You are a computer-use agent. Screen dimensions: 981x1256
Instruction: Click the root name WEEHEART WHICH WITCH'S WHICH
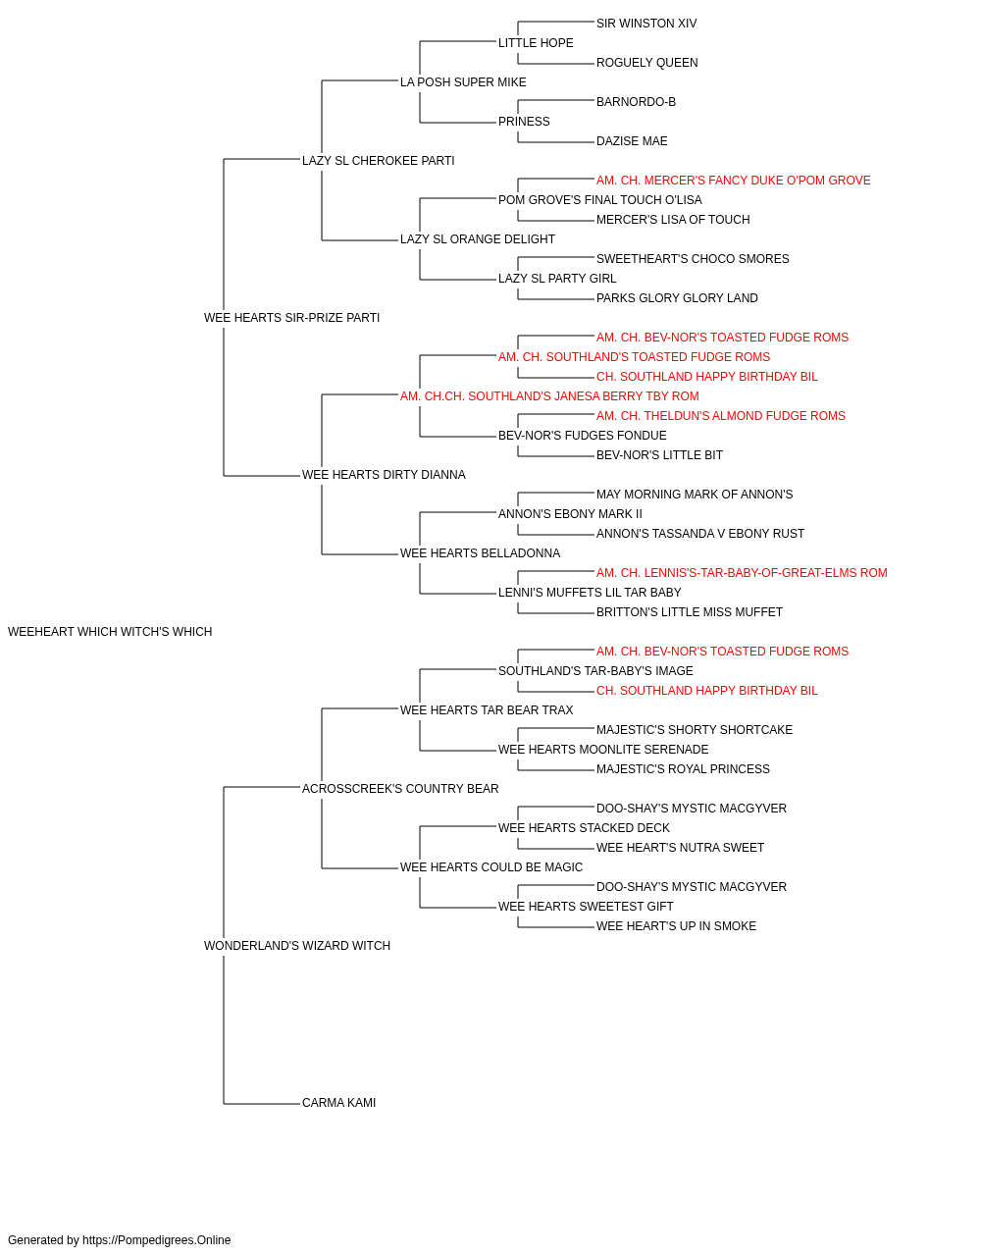coord(110,632)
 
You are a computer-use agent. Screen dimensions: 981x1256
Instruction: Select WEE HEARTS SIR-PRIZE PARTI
coord(291,318)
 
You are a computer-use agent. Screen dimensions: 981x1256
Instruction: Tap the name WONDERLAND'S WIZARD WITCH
coord(297,946)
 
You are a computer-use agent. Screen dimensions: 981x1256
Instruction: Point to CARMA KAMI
coord(338,1103)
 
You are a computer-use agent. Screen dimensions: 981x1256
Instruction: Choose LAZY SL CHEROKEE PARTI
coord(378,161)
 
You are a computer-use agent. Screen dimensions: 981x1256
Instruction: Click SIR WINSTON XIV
coord(646,24)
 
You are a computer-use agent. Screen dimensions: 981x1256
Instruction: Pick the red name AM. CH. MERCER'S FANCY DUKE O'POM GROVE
coord(733,181)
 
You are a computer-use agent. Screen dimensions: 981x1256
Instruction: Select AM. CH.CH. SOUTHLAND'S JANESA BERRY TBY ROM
coord(549,395)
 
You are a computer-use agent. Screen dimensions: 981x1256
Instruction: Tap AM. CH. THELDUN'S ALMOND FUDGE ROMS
coord(720,416)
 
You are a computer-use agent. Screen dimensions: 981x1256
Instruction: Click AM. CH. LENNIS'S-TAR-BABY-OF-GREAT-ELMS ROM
coord(742,573)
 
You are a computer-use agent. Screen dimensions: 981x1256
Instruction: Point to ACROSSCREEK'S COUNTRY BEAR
coord(400,788)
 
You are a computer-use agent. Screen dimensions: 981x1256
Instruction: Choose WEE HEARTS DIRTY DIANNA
coord(384,475)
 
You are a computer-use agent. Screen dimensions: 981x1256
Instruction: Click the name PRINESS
coord(524,122)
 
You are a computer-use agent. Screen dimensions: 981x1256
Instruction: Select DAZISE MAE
coord(632,141)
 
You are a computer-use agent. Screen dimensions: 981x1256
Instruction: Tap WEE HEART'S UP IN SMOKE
coord(676,926)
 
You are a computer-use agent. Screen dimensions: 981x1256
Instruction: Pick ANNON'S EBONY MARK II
coord(570,514)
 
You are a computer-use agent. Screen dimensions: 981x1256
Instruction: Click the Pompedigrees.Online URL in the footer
coord(157,1240)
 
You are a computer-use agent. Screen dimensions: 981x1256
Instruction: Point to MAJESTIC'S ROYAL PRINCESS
coord(683,768)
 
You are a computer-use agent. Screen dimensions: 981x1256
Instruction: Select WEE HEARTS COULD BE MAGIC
coord(491,867)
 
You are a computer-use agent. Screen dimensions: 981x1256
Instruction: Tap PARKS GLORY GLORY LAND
coord(677,298)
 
